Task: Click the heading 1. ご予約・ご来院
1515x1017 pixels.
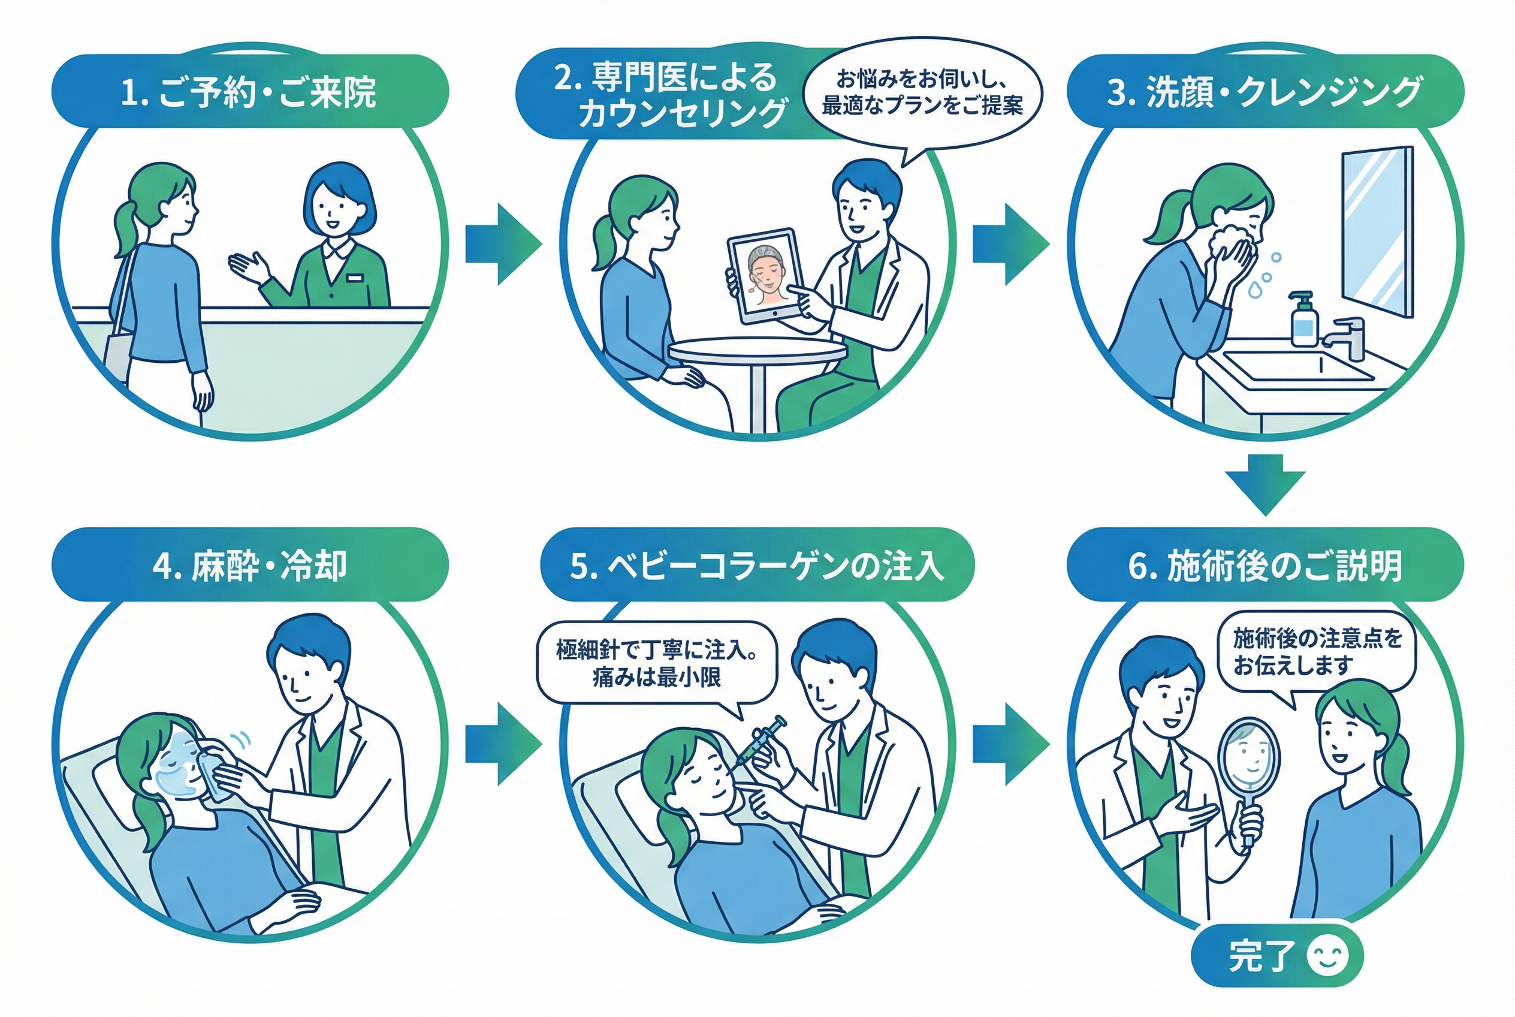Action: [249, 92]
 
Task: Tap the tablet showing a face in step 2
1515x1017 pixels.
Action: [762, 276]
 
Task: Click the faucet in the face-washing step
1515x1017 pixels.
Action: [1350, 337]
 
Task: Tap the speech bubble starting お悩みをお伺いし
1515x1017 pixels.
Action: [922, 94]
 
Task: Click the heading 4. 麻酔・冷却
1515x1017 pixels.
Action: [249, 565]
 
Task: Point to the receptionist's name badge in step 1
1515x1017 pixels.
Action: [354, 278]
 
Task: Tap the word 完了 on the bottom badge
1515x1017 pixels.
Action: [1261, 956]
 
